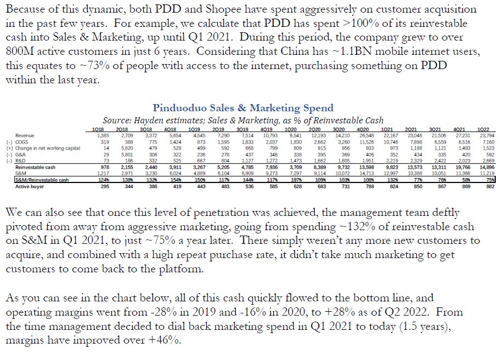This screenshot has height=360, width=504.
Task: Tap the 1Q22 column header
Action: coord(485,129)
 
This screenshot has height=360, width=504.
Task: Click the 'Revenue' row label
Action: coord(25,135)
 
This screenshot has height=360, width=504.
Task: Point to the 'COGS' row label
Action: coord(22,141)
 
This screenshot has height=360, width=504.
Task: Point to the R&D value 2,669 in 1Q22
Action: coord(484,159)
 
